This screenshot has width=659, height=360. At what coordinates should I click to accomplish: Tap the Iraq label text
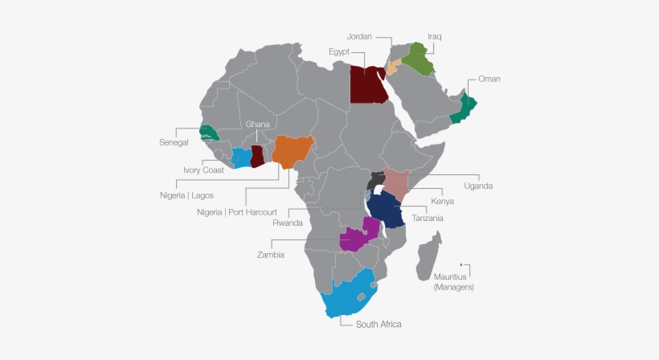point(435,36)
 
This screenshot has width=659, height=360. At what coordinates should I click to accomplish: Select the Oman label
point(489,79)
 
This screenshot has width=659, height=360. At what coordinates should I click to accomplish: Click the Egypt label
point(341,51)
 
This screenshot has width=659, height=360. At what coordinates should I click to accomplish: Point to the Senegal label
point(175,142)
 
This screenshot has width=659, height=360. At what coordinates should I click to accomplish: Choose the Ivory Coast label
point(203,170)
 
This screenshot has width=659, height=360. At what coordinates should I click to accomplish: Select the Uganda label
point(477,186)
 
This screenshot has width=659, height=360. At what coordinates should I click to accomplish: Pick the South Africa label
point(379,324)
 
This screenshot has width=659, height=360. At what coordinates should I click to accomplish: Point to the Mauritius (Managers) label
point(454,281)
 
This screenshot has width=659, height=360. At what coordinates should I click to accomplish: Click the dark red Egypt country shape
point(368,84)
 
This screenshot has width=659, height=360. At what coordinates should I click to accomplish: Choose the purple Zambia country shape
point(355,238)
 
